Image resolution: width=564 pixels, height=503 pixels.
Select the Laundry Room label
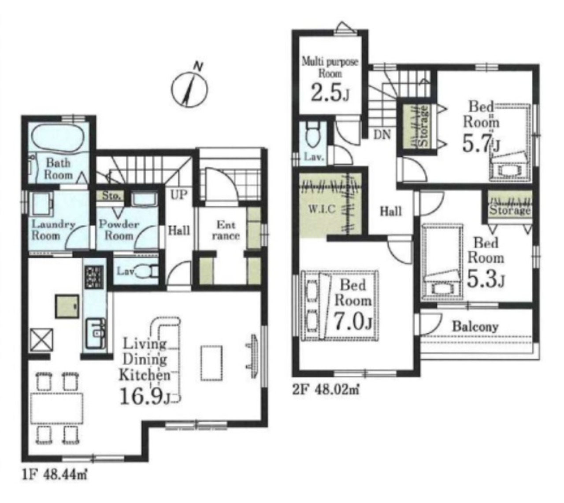point(52,230)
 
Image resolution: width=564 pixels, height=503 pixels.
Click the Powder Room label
point(119,230)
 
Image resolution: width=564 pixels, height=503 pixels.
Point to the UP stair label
point(179,195)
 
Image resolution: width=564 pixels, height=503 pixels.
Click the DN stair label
point(382,135)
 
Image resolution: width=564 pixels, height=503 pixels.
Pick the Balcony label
point(475,327)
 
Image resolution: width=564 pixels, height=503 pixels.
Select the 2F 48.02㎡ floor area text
point(326,389)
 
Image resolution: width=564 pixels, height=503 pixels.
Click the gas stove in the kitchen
point(94,277)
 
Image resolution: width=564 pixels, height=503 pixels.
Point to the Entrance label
point(226,230)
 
